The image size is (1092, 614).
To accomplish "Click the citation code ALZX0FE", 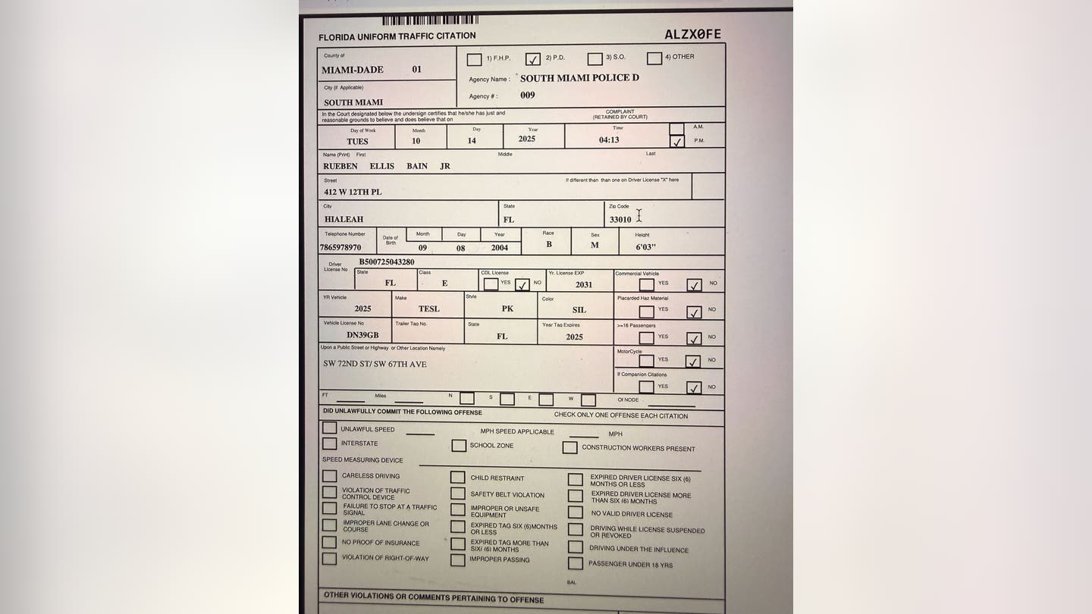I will (692, 34).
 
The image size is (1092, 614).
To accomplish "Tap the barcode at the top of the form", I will (430, 20).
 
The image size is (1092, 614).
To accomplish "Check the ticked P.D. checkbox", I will (533, 59).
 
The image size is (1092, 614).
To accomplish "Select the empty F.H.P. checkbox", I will (474, 59).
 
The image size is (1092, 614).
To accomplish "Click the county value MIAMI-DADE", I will (353, 70).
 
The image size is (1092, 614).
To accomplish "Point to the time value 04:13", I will (609, 139).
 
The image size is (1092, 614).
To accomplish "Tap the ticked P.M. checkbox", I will (677, 142).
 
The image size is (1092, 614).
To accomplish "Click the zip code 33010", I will (620, 220).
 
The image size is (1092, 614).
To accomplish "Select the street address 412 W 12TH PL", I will (353, 192).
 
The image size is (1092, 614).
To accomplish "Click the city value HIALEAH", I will (344, 219).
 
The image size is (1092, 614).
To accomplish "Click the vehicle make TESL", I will (428, 309).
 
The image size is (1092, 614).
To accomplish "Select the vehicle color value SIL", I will (579, 310).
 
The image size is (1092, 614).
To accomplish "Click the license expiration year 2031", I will (584, 284).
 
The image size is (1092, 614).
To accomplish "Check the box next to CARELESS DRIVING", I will (329, 476).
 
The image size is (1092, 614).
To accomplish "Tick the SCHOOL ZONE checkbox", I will (459, 446).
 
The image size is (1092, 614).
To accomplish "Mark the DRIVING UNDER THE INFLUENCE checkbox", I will (576, 547).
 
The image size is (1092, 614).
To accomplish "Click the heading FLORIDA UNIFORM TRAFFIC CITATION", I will (397, 36).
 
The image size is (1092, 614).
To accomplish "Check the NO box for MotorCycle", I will (693, 362).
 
